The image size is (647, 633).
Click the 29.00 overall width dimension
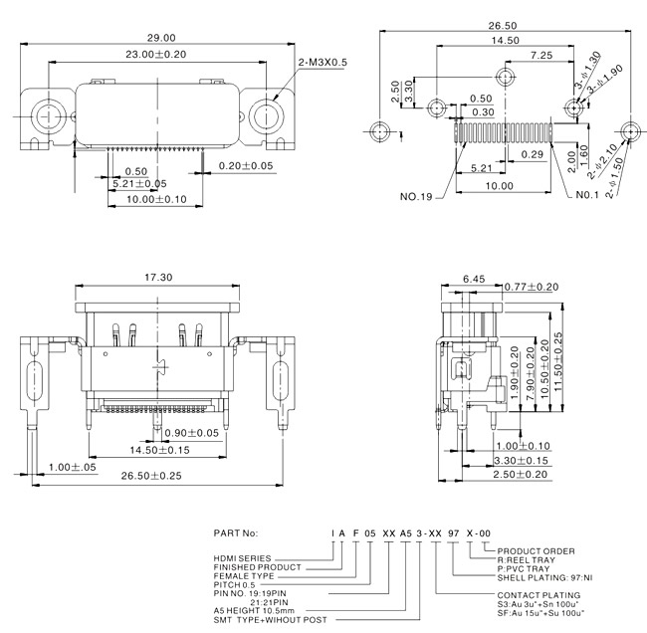[161, 38]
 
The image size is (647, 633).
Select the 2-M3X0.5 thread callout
[323, 63]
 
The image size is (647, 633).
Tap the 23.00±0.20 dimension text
[156, 54]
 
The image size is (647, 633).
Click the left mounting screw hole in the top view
[49, 116]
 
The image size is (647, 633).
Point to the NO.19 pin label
[416, 196]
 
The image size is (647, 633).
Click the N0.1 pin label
[587, 195]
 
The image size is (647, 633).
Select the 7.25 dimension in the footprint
[541, 56]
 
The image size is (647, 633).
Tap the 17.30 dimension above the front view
[158, 278]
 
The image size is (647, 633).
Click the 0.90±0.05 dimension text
[191, 433]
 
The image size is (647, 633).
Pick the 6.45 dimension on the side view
[474, 280]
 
